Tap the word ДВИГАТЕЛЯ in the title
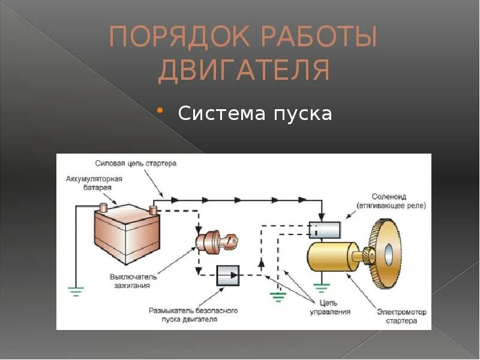(x=244, y=71)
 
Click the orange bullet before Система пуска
(x=160, y=111)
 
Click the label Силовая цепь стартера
(x=136, y=163)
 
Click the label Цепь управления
(x=330, y=308)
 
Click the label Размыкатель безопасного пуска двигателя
(x=193, y=315)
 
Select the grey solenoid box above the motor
(x=324, y=229)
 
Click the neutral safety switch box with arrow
(x=228, y=276)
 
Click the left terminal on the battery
(x=103, y=208)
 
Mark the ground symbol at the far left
(x=76, y=292)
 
